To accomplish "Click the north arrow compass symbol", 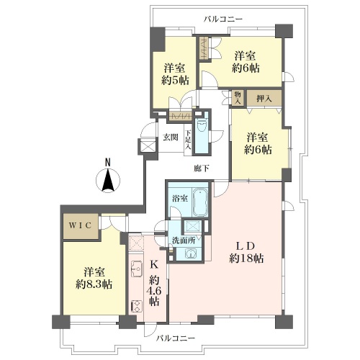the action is coord(108,180).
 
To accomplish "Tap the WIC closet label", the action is coord(81,225).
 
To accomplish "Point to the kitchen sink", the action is coord(137,269).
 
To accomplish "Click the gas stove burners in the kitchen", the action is coord(136,306).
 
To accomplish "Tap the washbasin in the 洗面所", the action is coord(190,253).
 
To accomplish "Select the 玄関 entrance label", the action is coord(171,138).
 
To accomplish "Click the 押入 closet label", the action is coord(264,99).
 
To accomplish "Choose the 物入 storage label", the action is coord(238,98).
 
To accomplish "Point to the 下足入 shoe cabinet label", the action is coord(188,140).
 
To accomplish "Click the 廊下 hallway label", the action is coord(201,168).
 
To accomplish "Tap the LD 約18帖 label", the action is coord(246,252).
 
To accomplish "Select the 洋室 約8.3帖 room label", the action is coord(94,279).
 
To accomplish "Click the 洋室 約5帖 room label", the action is coord(175,74).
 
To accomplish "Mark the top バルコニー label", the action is coord(223,19).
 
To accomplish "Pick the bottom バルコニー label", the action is coord(176,338).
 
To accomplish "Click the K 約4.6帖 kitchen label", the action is coord(154,283).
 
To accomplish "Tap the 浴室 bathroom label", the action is coord(180,199).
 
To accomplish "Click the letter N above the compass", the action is coord(108,163).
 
